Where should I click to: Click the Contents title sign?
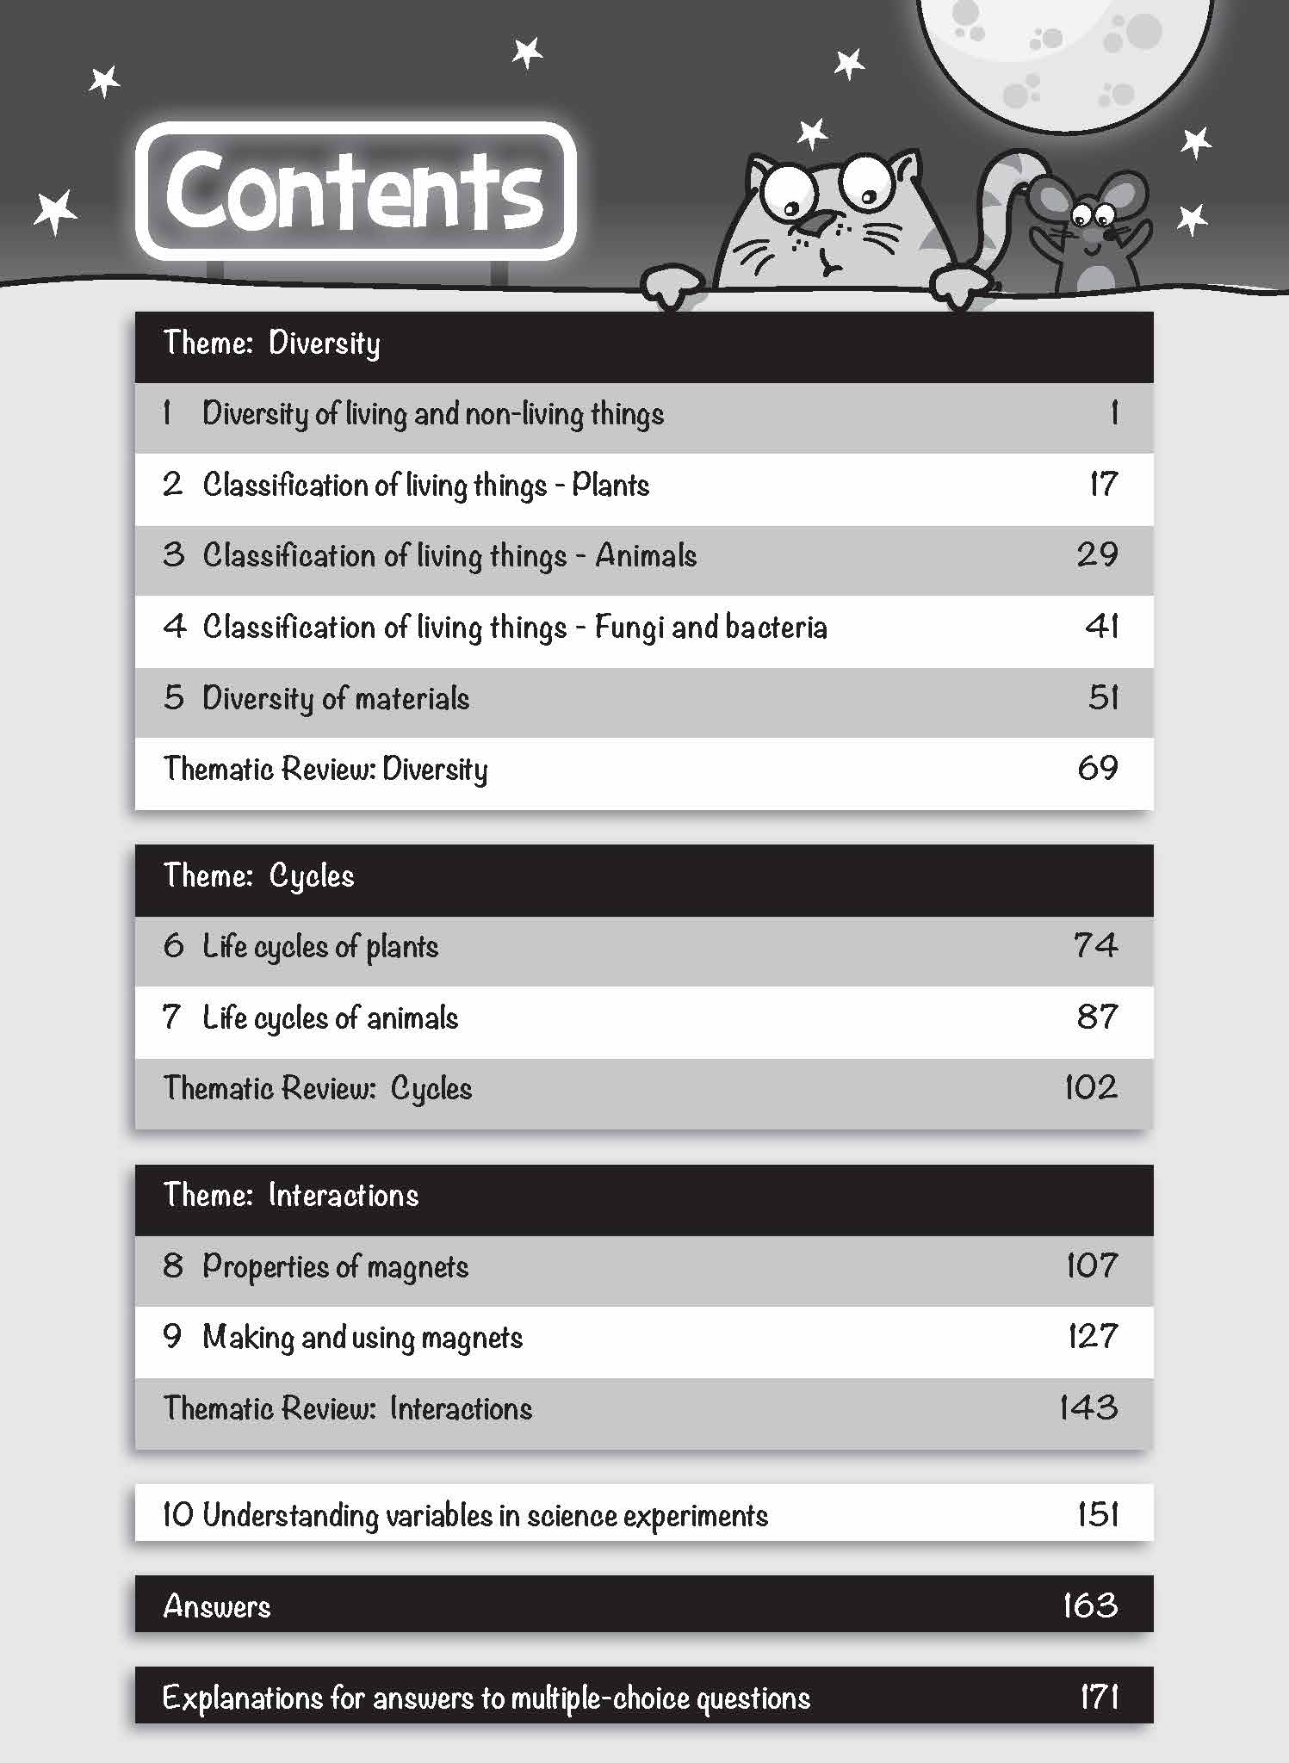[x=355, y=191]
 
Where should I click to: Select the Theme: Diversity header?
[x=271, y=343]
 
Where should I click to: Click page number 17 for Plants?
[x=1103, y=485]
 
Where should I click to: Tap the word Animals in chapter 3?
[x=646, y=556]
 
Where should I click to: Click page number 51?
[x=1102, y=698]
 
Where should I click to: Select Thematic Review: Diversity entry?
[x=325, y=769]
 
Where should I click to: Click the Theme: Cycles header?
[x=258, y=876]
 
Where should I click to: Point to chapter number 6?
[x=173, y=946]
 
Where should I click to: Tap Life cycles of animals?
[x=330, y=1018]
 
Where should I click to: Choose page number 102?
[x=1090, y=1088]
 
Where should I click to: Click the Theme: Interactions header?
[x=290, y=1196]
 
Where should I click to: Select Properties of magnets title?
[x=335, y=1267]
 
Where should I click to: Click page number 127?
[x=1092, y=1337]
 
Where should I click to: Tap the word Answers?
[x=217, y=1606]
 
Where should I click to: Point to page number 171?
[x=1099, y=1698]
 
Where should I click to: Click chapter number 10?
[x=177, y=1515]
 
